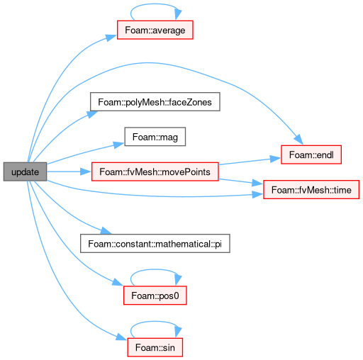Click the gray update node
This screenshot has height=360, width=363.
(25, 171)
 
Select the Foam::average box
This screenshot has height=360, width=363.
(155, 30)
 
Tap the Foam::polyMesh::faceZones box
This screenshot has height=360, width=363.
(155, 102)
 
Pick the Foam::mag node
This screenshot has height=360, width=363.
(155, 137)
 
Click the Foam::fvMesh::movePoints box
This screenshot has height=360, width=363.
(155, 171)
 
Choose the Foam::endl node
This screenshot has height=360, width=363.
(311, 154)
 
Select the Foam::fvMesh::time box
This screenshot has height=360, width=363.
(311, 190)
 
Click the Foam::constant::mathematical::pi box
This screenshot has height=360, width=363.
(155, 244)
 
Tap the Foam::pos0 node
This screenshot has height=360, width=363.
(155, 296)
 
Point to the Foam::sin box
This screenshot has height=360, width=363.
(155, 347)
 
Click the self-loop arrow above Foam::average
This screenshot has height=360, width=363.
(155, 4)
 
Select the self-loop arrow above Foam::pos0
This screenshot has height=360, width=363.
(155, 269)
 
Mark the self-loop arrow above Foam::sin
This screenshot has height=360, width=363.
(155, 321)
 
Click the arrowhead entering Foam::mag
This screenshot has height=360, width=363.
(119, 145)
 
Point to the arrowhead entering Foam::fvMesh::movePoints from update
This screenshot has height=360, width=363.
(86, 171)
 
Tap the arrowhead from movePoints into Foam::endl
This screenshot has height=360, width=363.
(276, 159)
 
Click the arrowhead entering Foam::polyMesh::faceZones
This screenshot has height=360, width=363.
(92, 114)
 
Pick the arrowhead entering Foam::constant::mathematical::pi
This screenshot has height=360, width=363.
(106, 230)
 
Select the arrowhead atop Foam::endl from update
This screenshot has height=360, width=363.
(298, 140)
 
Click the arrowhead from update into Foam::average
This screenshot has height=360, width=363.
(111, 38)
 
